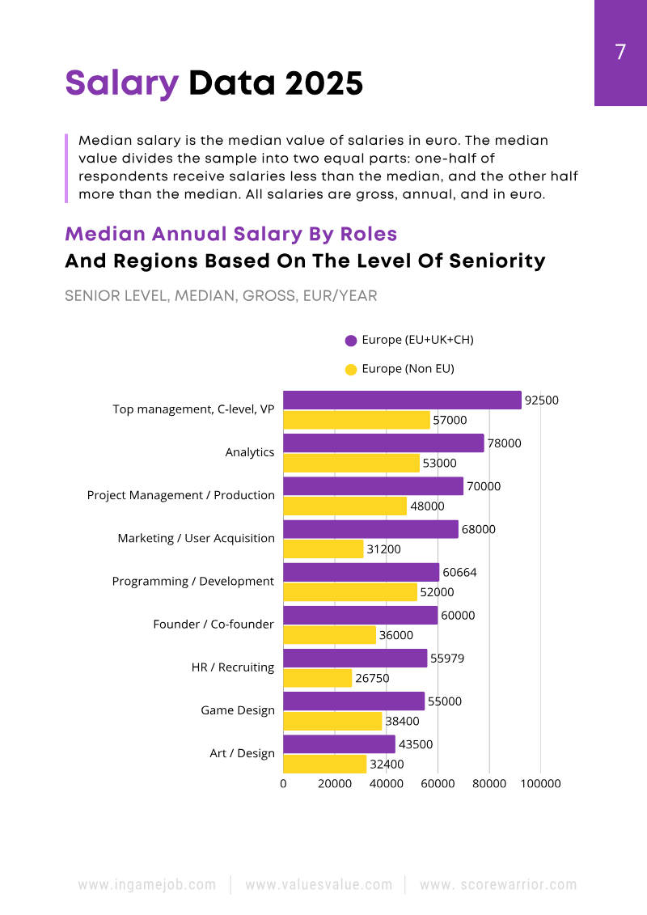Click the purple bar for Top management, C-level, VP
tap(402, 400)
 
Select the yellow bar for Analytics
tap(352, 464)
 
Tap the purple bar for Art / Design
tap(340, 744)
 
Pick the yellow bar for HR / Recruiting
tap(318, 678)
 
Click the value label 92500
tap(541, 400)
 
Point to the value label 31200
tap(383, 549)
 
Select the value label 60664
tap(459, 572)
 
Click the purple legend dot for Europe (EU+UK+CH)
tap(351, 341)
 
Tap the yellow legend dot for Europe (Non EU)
tap(351, 370)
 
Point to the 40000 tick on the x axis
tap(386, 783)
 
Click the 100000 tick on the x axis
tap(540, 783)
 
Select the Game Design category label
tap(238, 710)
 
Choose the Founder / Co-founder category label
tap(214, 625)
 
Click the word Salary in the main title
tap(121, 83)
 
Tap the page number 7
tap(620, 53)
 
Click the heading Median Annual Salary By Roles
tap(230, 234)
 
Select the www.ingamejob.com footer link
tap(146, 884)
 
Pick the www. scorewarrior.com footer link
tap(498, 884)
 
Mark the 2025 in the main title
tap(321, 83)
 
